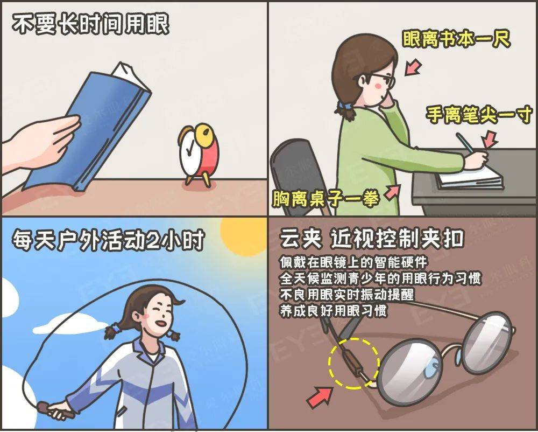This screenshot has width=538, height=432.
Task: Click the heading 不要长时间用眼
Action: pyautogui.click(x=90, y=24)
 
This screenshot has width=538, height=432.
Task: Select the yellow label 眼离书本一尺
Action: pyautogui.click(x=456, y=39)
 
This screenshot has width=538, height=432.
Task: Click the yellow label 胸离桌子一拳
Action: pyautogui.click(x=326, y=198)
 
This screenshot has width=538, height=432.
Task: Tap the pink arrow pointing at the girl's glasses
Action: pyautogui.click(x=413, y=67)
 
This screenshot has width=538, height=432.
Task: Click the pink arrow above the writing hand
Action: pyautogui.click(x=490, y=139)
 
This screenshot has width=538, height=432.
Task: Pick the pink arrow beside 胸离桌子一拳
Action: pyautogui.click(x=393, y=192)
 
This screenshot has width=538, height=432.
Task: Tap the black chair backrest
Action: pyautogui.click(x=299, y=172)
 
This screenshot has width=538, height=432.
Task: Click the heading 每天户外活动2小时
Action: pyautogui.click(x=109, y=240)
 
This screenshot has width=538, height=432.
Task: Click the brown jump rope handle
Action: pyautogui.click(x=55, y=410)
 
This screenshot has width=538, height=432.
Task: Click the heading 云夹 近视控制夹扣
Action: pyautogui.click(x=372, y=238)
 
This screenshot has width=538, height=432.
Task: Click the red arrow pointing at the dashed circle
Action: pyautogui.click(x=320, y=397)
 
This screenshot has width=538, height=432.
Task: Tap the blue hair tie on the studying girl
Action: pyautogui.click(x=341, y=104)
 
